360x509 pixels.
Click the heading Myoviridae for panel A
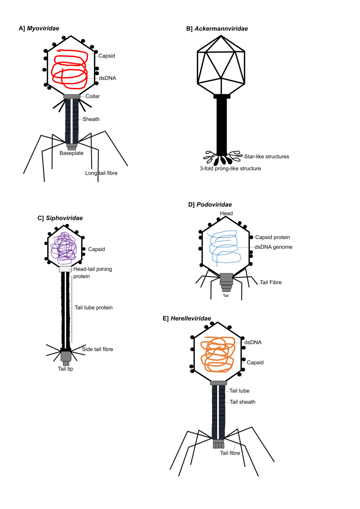click(x=43, y=28)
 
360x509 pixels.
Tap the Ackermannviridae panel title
click(x=221, y=29)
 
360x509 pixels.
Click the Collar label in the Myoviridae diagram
click(x=92, y=96)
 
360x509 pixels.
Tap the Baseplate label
click(x=71, y=153)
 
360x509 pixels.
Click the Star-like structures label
click(x=267, y=156)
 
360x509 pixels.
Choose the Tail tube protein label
click(x=93, y=307)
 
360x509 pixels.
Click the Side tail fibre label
click(x=97, y=349)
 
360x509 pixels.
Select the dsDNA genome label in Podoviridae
click(x=273, y=247)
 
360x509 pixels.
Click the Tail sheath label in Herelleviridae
click(x=242, y=402)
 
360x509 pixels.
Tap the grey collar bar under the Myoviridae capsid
click(x=72, y=96)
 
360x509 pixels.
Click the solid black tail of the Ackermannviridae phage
click(x=221, y=127)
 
